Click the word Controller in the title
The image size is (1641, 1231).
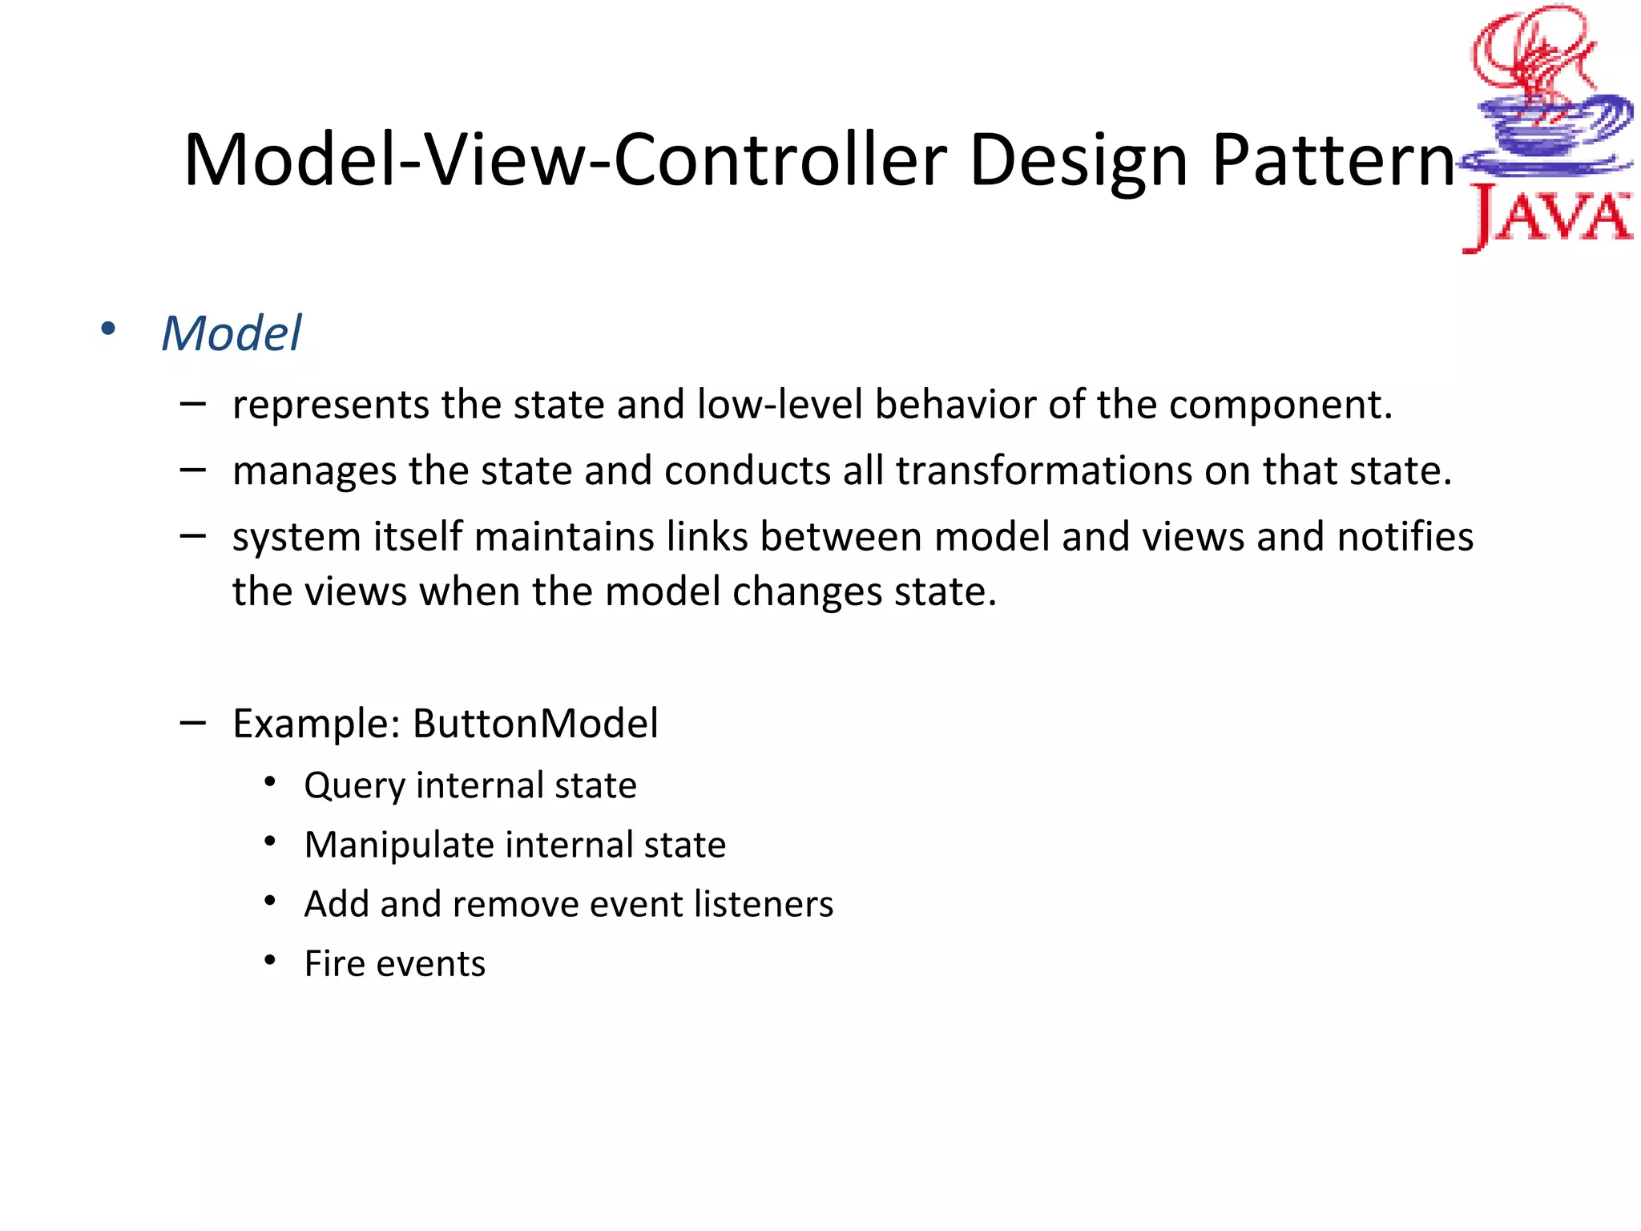(780, 160)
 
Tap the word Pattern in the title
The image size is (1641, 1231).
(1332, 160)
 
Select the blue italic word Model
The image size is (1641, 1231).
(232, 333)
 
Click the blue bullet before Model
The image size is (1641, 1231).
(107, 329)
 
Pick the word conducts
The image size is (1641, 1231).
(747, 470)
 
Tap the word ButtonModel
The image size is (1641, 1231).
(535, 724)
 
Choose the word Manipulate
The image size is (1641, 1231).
(398, 846)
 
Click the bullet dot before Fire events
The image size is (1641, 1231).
(270, 959)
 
